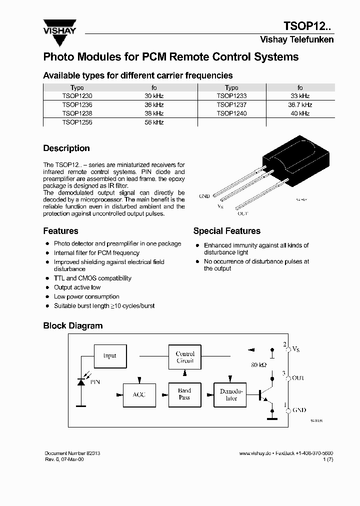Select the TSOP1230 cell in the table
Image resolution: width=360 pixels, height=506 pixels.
pyautogui.click(x=77, y=95)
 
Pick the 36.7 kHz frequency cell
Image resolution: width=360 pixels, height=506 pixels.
pyautogui.click(x=300, y=105)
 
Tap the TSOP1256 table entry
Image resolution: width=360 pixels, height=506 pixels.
pyautogui.click(x=77, y=122)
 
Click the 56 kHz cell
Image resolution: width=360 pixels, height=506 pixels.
pyautogui.click(x=154, y=122)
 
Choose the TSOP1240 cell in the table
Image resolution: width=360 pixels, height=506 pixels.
pyautogui.click(x=231, y=113)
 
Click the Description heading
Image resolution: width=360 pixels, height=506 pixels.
pyautogui.click(x=66, y=148)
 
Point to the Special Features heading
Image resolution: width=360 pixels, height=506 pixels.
pyautogui.click(x=226, y=231)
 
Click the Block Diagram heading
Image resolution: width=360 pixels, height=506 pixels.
pyautogui.click(x=72, y=326)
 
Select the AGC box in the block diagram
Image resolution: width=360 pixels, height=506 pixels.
pyautogui.click(x=139, y=394)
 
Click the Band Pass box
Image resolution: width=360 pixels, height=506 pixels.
pyautogui.click(x=184, y=394)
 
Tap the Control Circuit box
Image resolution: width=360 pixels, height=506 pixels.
pyautogui.click(x=185, y=357)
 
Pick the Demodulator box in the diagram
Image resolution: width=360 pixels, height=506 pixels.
pyautogui.click(x=231, y=394)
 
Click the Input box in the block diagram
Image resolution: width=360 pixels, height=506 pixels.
pyautogui.click(x=110, y=356)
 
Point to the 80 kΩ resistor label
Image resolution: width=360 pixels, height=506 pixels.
pyautogui.click(x=258, y=365)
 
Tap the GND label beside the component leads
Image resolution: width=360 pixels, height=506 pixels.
pyautogui.click(x=204, y=196)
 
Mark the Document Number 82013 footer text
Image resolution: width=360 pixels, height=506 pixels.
pyautogui.click(x=72, y=453)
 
